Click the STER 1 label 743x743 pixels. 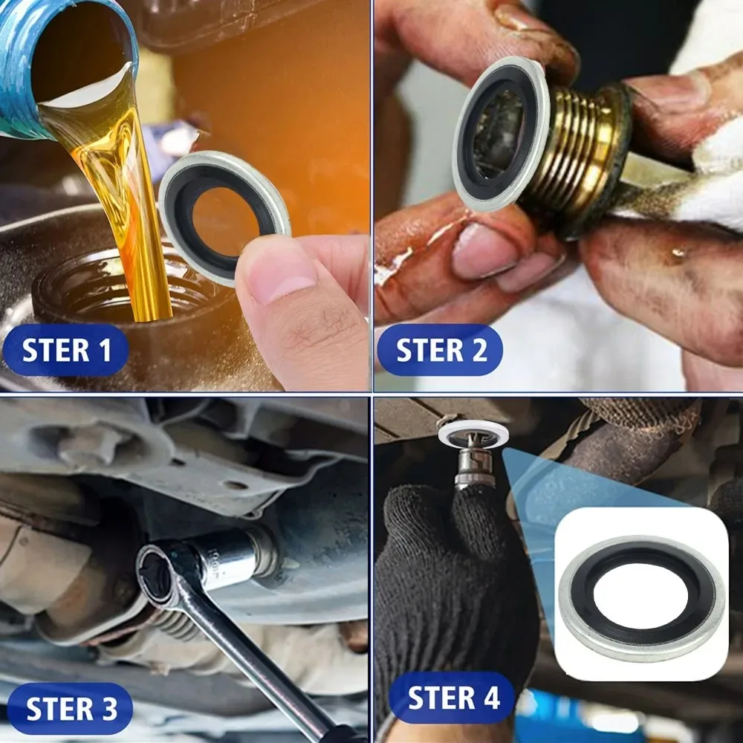[67, 349]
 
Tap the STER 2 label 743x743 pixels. [441, 350]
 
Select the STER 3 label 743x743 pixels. [71, 709]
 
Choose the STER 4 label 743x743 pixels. [453, 698]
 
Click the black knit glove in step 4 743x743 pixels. [438, 580]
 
